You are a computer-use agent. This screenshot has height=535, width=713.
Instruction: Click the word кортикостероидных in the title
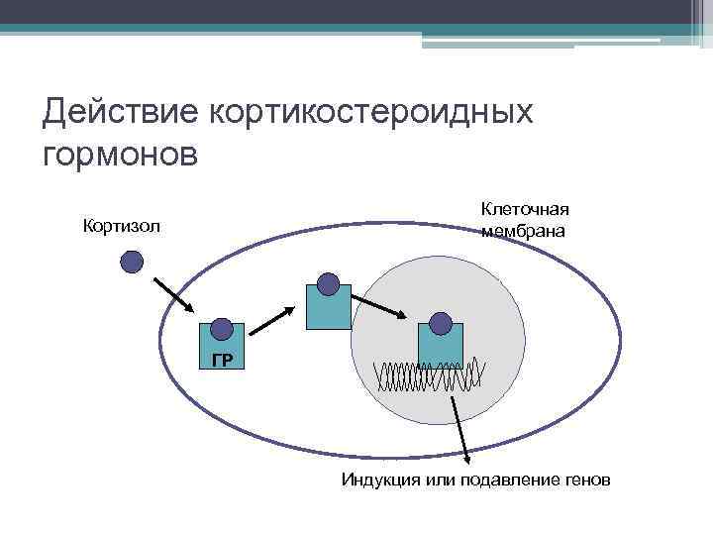click(371, 112)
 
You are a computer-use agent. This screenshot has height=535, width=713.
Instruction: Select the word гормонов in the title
click(121, 155)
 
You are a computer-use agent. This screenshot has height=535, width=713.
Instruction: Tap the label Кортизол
click(121, 228)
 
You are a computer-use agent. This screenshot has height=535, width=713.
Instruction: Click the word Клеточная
click(525, 209)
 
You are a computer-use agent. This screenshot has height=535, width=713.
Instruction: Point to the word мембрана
click(524, 232)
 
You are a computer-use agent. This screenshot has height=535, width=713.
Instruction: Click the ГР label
click(222, 360)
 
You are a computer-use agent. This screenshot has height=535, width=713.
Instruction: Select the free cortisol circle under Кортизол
click(132, 262)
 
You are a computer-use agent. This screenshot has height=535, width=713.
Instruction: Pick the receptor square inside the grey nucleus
click(441, 345)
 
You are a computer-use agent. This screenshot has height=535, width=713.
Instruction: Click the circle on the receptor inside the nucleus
click(441, 323)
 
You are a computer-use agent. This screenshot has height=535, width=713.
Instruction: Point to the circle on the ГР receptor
click(222, 327)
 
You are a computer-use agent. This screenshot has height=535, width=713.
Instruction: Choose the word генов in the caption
click(588, 481)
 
